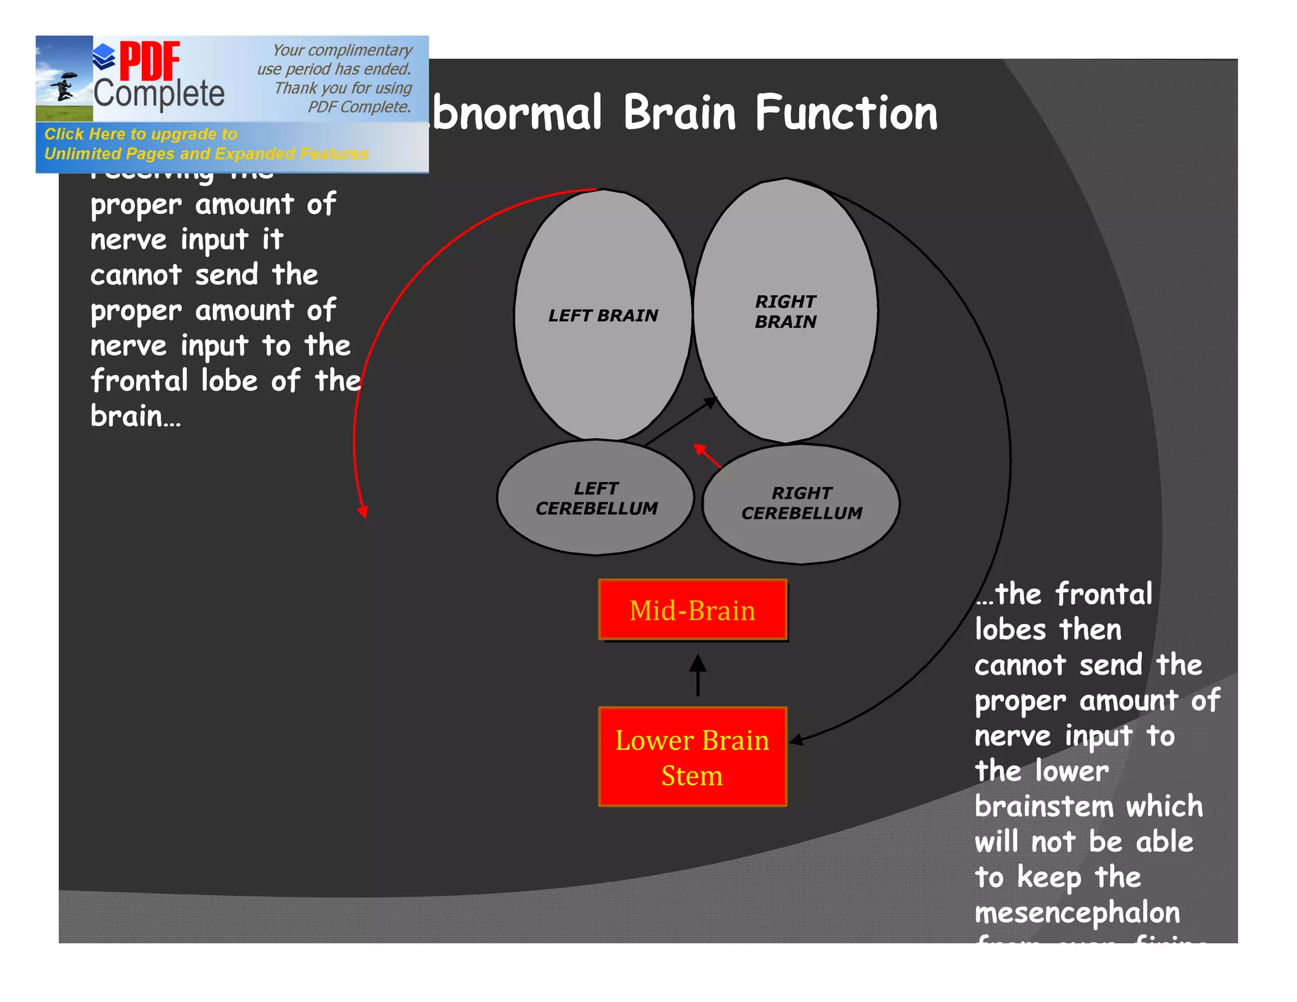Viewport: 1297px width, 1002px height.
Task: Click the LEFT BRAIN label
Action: (x=603, y=315)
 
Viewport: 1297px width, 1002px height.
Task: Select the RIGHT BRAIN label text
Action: (x=785, y=312)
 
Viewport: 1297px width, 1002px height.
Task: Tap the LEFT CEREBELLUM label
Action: (x=597, y=498)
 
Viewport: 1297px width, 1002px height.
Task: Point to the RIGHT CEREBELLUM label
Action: (x=802, y=503)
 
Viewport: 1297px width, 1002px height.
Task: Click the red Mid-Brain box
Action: (x=693, y=610)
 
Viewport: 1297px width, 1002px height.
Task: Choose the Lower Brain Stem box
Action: (x=693, y=757)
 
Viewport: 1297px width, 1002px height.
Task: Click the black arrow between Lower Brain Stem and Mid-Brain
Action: (x=698, y=676)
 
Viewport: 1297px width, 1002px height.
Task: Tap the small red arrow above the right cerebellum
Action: (x=707, y=455)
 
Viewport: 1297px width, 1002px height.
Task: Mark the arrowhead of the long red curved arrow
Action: (x=363, y=511)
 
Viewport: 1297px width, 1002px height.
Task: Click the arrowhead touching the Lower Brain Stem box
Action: (x=796, y=739)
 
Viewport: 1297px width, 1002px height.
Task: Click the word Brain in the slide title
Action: (x=680, y=114)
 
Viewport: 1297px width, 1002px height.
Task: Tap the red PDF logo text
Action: (x=150, y=61)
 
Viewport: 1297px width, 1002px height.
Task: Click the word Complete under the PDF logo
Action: (x=159, y=94)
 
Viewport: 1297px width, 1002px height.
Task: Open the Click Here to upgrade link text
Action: (x=141, y=134)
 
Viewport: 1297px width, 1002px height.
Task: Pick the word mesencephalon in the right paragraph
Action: (x=1077, y=913)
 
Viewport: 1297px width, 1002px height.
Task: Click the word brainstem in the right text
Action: (x=1044, y=807)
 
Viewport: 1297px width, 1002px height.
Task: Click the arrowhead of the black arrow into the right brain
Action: (x=711, y=402)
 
